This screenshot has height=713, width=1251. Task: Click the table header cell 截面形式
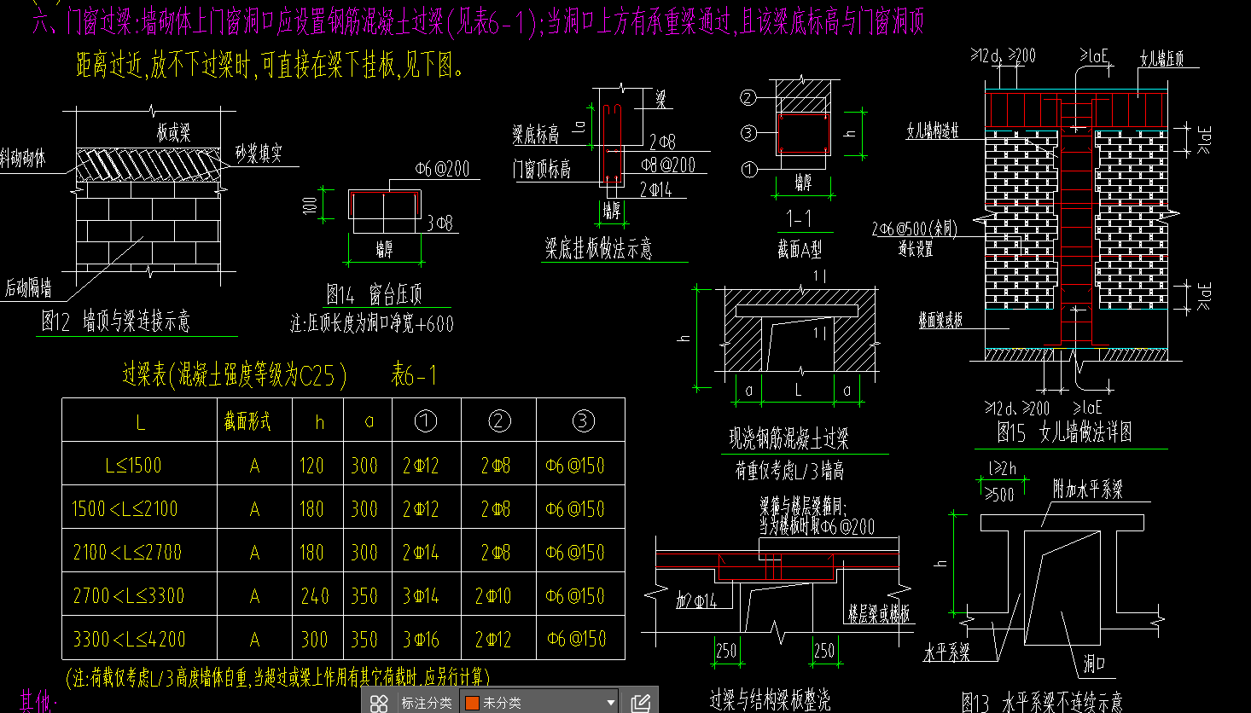click(x=247, y=421)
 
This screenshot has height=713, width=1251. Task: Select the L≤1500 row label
click(x=133, y=466)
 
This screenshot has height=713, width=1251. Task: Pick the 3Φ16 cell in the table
click(x=421, y=639)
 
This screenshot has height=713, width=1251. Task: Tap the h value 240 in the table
click(x=313, y=595)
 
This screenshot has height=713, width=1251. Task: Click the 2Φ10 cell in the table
click(x=495, y=595)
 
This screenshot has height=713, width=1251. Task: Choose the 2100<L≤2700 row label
click(x=127, y=552)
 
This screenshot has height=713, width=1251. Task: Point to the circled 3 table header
click(x=583, y=420)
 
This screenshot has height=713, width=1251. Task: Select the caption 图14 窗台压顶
click(x=374, y=295)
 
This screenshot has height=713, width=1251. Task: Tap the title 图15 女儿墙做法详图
click(x=1064, y=432)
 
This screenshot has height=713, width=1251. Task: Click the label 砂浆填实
click(x=259, y=154)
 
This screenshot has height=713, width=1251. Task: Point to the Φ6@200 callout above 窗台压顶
click(x=442, y=169)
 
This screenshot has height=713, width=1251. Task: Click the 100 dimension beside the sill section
click(x=311, y=204)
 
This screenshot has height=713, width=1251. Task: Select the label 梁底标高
click(x=536, y=134)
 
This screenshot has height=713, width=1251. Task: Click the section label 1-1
click(x=799, y=219)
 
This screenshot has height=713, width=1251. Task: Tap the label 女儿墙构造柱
click(x=933, y=131)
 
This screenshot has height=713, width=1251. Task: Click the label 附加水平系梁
click(x=1087, y=489)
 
